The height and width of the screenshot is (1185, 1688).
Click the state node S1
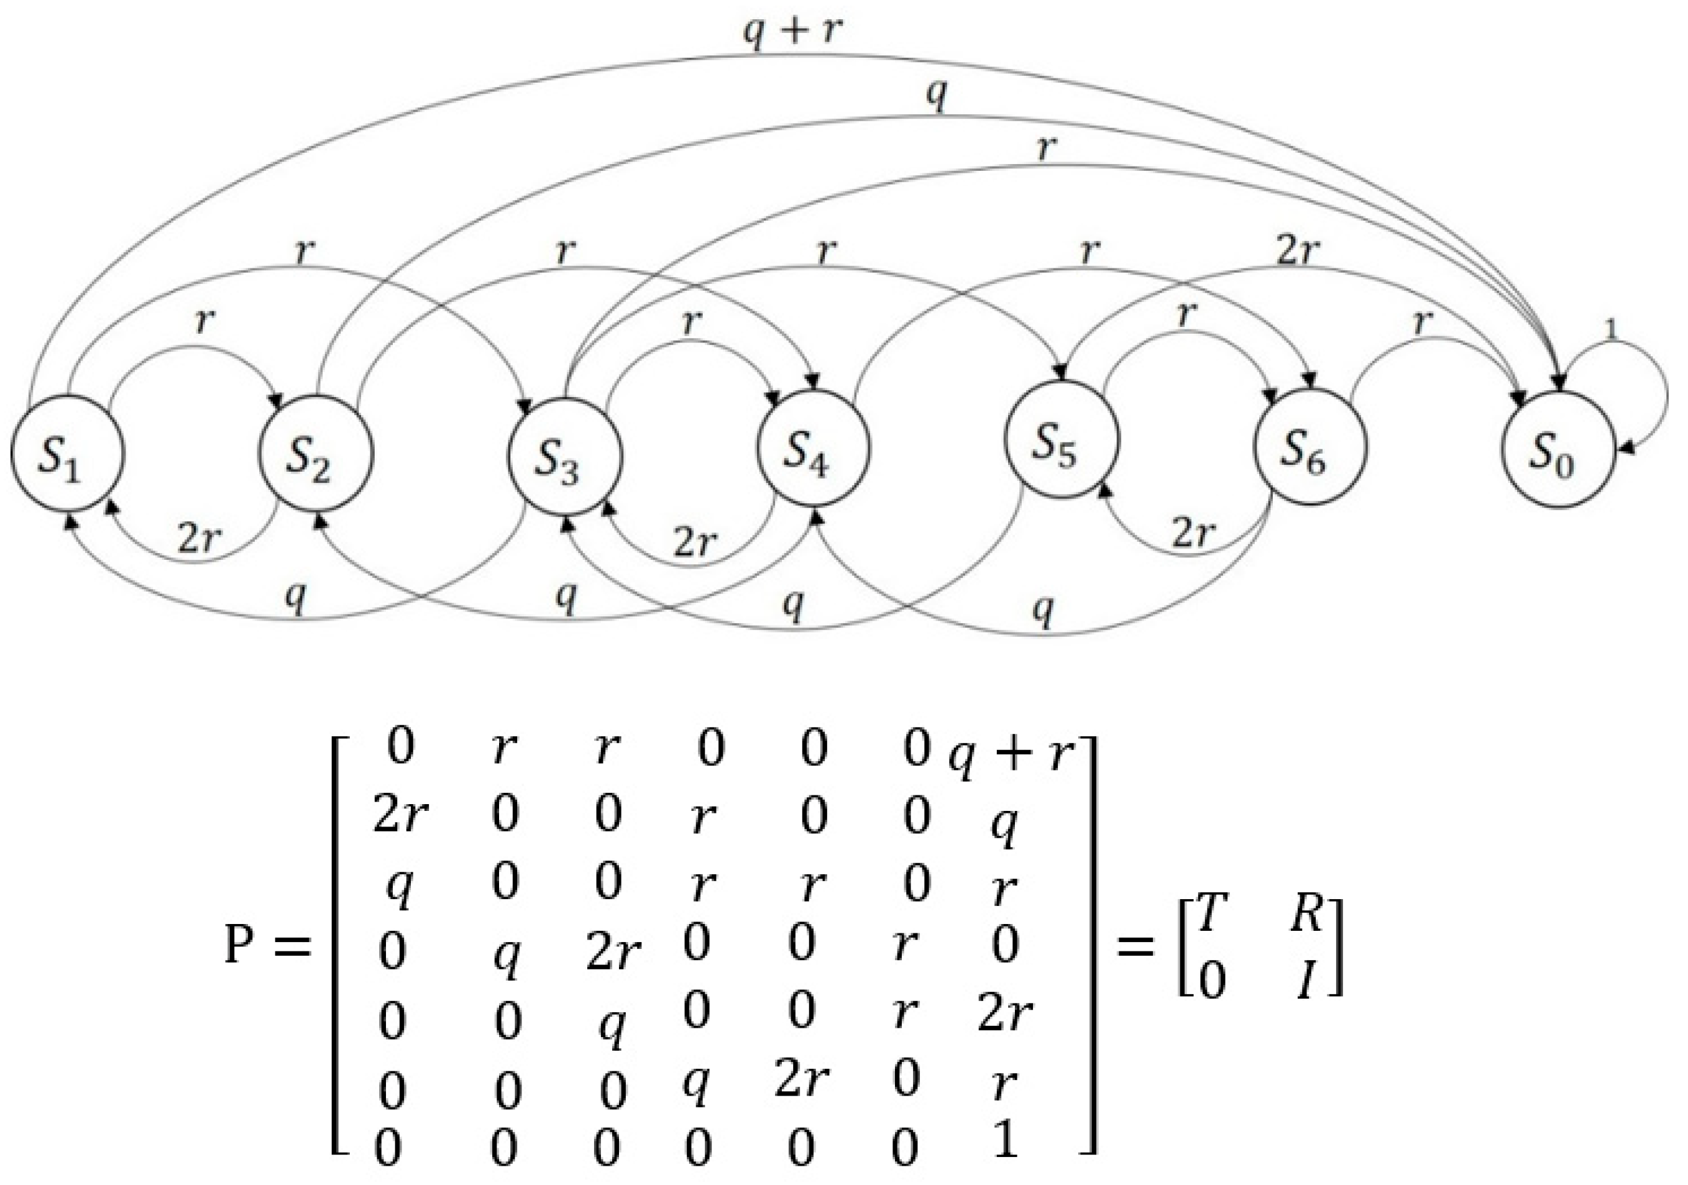[x=68, y=454]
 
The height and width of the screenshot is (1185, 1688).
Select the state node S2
[x=317, y=454]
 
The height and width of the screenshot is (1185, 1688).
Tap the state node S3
[x=564, y=455]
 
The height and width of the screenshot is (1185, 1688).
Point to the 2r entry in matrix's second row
[x=401, y=816]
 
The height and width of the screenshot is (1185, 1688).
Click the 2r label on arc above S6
[x=1298, y=252]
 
